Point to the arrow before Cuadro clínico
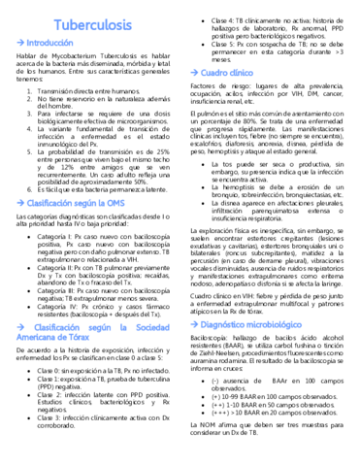click(x=194, y=74)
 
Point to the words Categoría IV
click(x=54, y=277)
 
